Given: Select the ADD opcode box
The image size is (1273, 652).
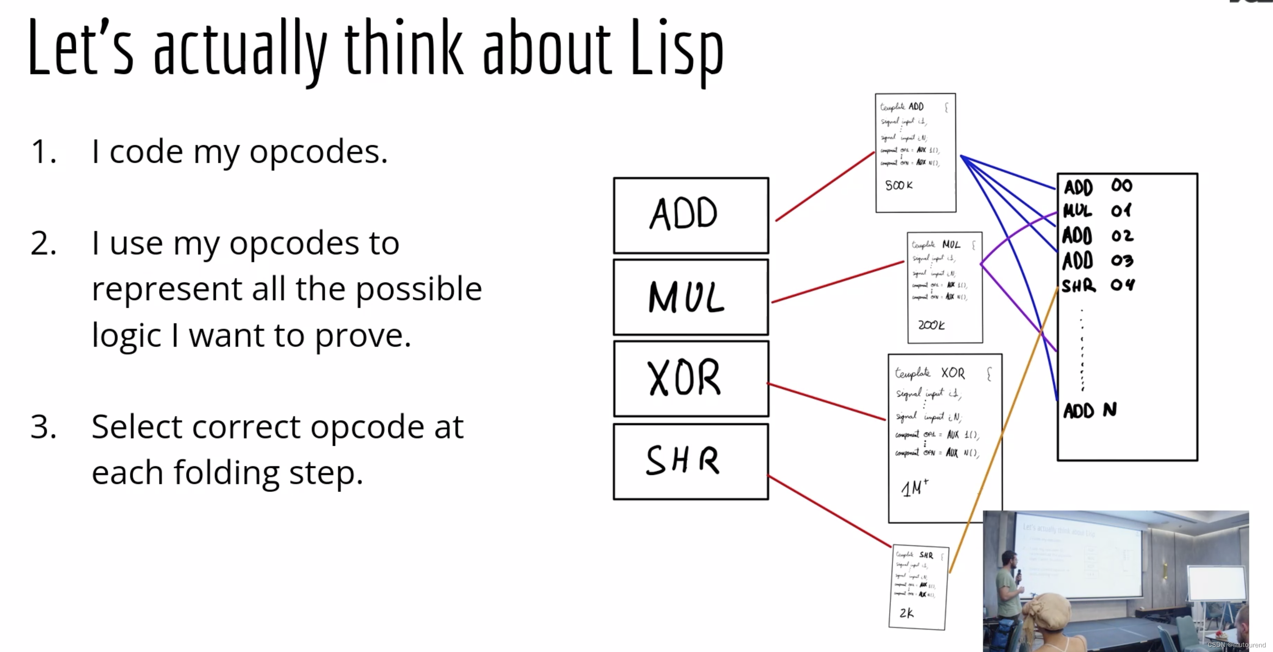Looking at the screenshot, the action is pyautogui.click(x=691, y=215).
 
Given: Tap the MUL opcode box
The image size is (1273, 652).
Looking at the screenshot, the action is pyautogui.click(x=691, y=297).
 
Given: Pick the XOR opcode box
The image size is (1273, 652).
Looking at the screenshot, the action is pyautogui.click(x=691, y=379).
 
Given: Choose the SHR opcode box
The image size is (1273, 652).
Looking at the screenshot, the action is pyautogui.click(x=691, y=461).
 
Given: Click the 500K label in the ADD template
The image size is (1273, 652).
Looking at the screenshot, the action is pyautogui.click(x=899, y=185).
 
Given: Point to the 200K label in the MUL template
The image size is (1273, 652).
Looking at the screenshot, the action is pyautogui.click(x=931, y=325).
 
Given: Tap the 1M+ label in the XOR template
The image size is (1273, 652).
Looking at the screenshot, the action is pyautogui.click(x=914, y=488).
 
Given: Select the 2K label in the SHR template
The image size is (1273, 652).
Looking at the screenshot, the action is pyautogui.click(x=906, y=613).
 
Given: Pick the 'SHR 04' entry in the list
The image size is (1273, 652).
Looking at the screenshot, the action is pyautogui.click(x=1098, y=285).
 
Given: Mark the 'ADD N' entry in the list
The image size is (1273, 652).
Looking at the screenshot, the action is pyautogui.click(x=1089, y=410).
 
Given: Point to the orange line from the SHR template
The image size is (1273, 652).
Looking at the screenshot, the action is pyautogui.click(x=1003, y=430).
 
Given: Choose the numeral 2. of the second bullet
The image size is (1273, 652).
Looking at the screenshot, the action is pyautogui.click(x=43, y=244).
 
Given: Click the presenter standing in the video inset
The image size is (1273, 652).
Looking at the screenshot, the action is pyautogui.click(x=1008, y=588).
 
